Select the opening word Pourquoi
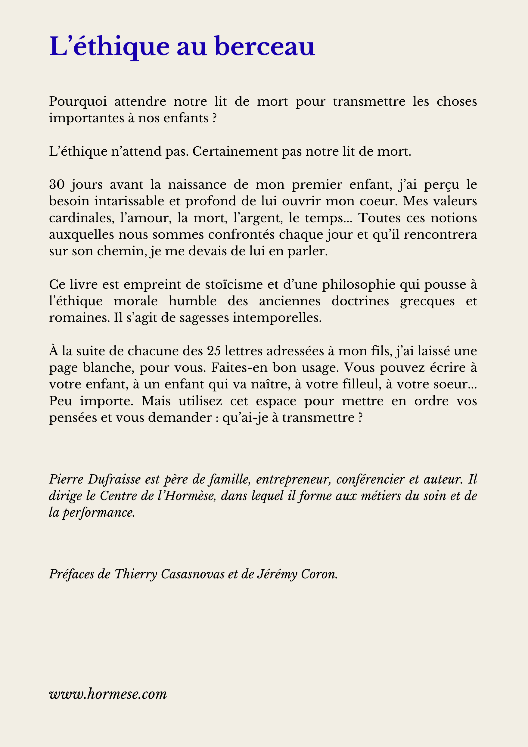click(x=78, y=102)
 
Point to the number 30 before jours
click(x=57, y=185)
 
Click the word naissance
click(x=197, y=185)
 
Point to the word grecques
click(x=427, y=301)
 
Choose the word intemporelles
click(x=277, y=318)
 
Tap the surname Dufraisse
click(x=114, y=480)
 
